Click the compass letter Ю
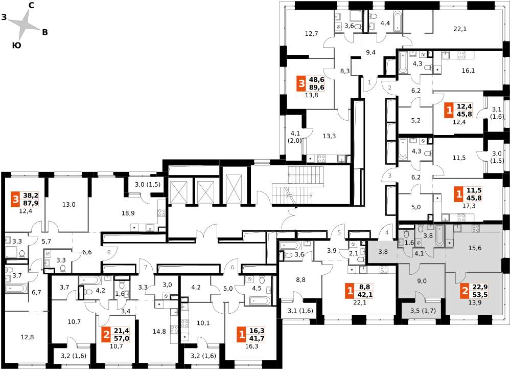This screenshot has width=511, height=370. click(x=17, y=46)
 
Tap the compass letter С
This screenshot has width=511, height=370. click(x=32, y=5)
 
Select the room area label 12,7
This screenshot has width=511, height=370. click(x=312, y=33)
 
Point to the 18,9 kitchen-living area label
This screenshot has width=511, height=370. click(x=128, y=213)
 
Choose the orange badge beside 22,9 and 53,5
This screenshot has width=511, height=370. click(x=464, y=292)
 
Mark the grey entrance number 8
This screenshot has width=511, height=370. click(x=109, y=252)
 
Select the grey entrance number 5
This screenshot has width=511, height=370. click(x=339, y=233)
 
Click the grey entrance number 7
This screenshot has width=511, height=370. click(x=146, y=268)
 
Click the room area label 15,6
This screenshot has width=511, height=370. click(x=475, y=248)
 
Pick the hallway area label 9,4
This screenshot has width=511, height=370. click(x=370, y=52)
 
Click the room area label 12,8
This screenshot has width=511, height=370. click(x=27, y=337)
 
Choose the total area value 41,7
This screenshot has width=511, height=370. click(x=257, y=338)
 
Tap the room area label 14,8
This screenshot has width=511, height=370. click(x=159, y=332)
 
